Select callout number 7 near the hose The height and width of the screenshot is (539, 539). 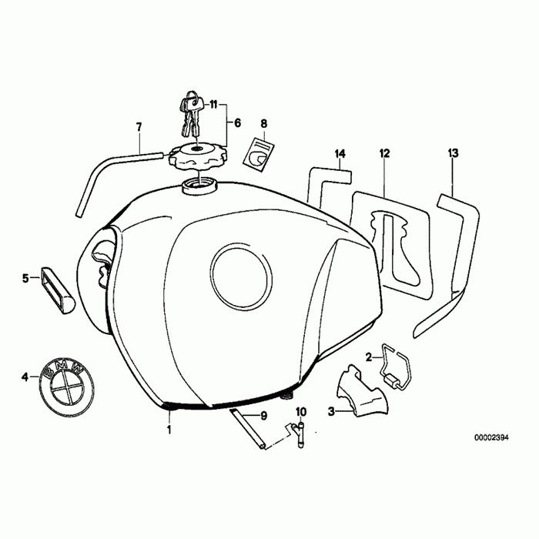[x=139, y=126]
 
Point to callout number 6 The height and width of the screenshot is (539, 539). [x=237, y=122]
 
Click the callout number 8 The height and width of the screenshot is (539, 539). [x=263, y=123]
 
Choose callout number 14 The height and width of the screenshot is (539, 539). [x=340, y=154]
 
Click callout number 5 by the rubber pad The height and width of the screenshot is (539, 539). [x=25, y=277]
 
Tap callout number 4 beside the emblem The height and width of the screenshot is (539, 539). [x=25, y=377]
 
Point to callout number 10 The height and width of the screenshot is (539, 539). [x=300, y=412]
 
